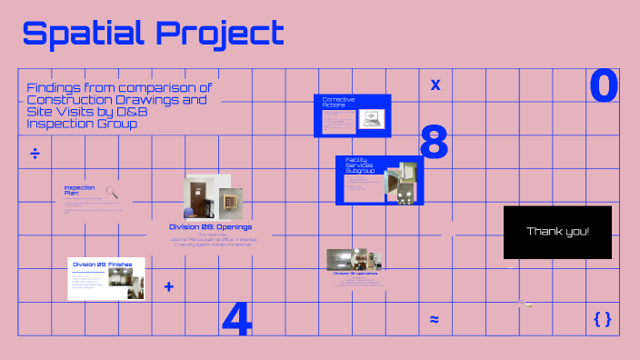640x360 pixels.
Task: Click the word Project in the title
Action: pyautogui.click(x=220, y=34)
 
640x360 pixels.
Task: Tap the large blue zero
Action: pyautogui.click(x=604, y=86)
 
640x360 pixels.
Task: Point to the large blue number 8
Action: pyautogui.click(x=434, y=143)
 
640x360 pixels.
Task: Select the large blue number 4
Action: pyautogui.click(x=236, y=317)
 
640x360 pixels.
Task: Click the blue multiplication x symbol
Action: pyautogui.click(x=435, y=85)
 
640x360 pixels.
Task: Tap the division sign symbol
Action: pyautogui.click(x=35, y=153)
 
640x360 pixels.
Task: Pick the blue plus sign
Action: pyautogui.click(x=168, y=287)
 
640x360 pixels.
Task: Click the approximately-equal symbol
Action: pyautogui.click(x=435, y=319)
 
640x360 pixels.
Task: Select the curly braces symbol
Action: pyautogui.click(x=602, y=318)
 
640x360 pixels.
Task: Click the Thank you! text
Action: pyautogui.click(x=557, y=231)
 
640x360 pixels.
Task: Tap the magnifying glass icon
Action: pyautogui.click(x=113, y=192)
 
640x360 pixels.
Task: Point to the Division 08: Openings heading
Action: pyautogui.click(x=211, y=226)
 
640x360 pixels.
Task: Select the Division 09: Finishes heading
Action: pyautogui.click(x=103, y=264)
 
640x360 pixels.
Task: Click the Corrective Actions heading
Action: pyautogui.click(x=338, y=101)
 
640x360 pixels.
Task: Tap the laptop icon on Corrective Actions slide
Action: pyautogui.click(x=371, y=117)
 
